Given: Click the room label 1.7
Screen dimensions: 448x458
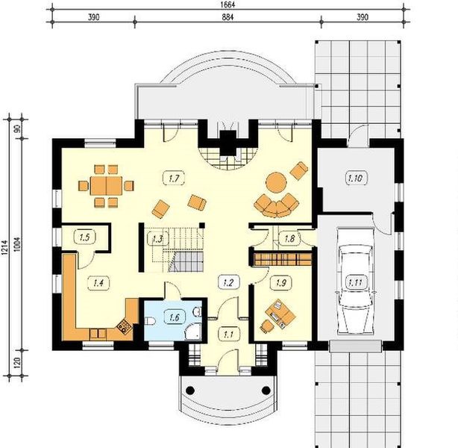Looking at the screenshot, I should [x=173, y=178].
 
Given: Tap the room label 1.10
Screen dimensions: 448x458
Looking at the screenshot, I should [x=355, y=178].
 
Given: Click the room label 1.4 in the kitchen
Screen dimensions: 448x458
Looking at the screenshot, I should [x=98, y=281].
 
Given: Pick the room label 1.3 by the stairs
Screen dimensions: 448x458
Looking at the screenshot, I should [x=157, y=239].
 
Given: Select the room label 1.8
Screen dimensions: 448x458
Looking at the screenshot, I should [x=290, y=239].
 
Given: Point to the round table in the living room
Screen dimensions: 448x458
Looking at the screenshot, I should [x=277, y=181].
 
